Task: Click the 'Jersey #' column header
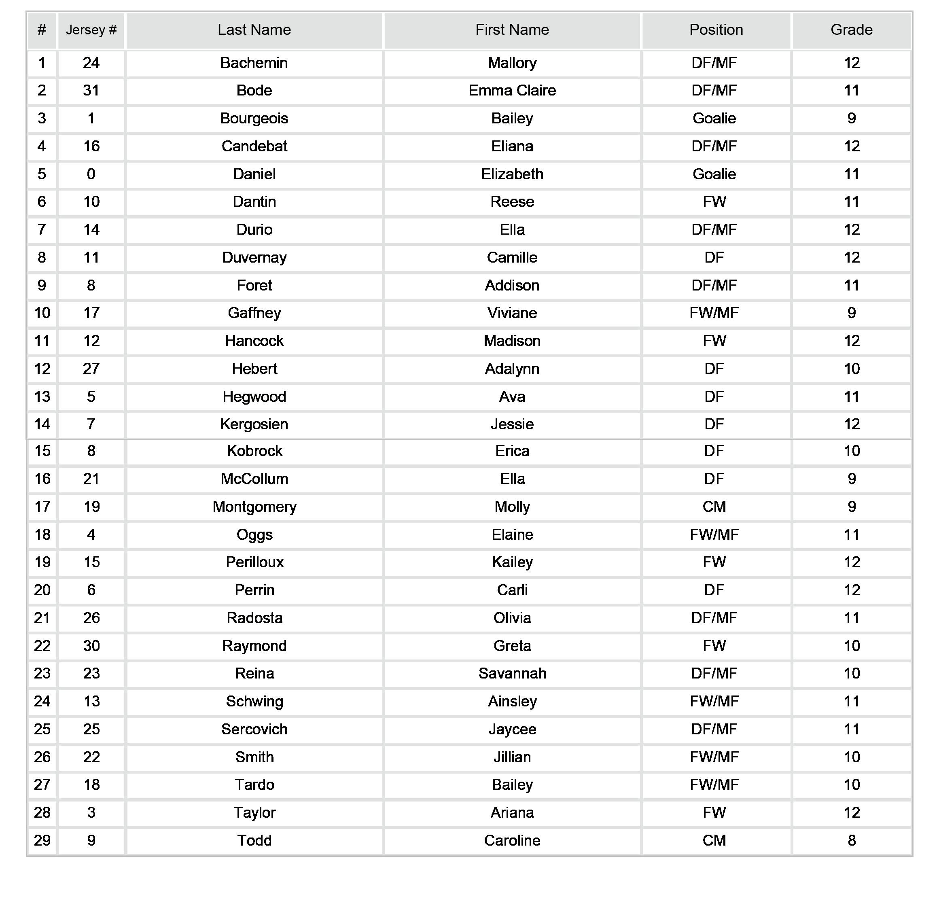(91, 30)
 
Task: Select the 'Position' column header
(716, 30)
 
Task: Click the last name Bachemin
(254, 63)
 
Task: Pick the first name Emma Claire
(512, 91)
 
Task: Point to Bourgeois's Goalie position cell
(714, 119)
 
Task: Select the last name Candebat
(254, 146)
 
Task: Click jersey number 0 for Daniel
(91, 174)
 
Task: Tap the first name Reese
(512, 201)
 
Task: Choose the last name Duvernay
(254, 257)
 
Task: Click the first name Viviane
(512, 313)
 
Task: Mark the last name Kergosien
(254, 424)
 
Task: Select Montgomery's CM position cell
(714, 507)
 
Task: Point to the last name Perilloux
(254, 562)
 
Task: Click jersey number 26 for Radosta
(91, 618)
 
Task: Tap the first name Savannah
(512, 674)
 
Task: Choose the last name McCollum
(254, 479)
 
